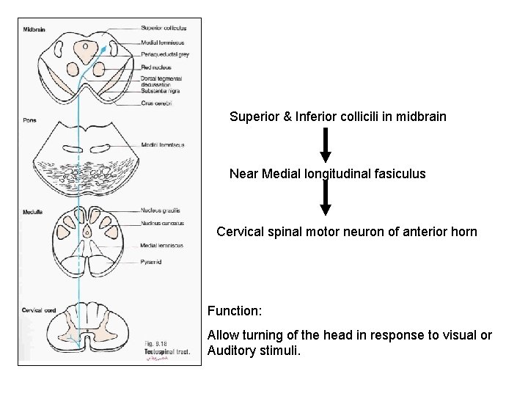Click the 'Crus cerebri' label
pos(156,103)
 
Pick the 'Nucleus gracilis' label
pos(161,210)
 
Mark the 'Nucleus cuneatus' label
pos(162,223)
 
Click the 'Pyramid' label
pos(152,262)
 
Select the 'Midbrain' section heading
pos(34,30)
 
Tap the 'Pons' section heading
pos(29,120)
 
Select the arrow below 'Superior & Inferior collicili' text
pos(326,146)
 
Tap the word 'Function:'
pos(235,311)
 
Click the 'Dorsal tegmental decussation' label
pos(161,81)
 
